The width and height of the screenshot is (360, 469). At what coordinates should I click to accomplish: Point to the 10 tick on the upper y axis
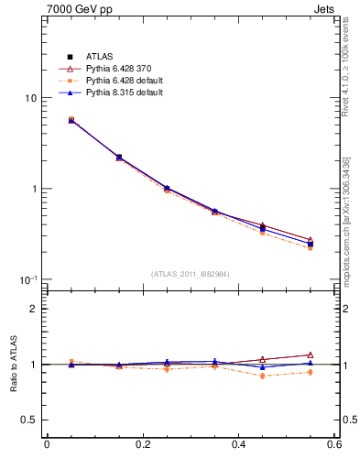[30, 98]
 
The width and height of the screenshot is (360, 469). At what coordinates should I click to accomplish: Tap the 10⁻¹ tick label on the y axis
[28, 279]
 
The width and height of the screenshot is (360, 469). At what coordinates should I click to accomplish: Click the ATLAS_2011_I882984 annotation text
[191, 274]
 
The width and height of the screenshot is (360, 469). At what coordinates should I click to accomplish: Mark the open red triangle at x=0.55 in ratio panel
[311, 354]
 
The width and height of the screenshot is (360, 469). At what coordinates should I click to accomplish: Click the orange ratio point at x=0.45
[262, 376]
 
